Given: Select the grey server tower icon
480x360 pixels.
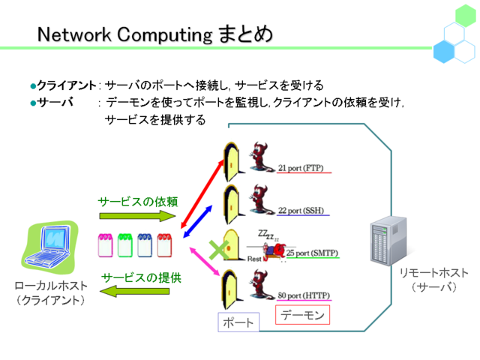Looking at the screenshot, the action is point(388,240).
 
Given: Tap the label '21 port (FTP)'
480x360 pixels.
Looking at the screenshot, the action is point(301,168).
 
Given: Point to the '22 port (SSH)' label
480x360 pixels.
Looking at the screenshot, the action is point(301,211).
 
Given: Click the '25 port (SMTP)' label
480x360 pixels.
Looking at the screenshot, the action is point(312,253).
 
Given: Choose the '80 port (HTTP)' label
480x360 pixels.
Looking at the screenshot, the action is point(304,295).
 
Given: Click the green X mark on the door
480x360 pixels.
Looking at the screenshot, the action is point(218,250).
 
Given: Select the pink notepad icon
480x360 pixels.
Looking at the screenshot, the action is point(105,245).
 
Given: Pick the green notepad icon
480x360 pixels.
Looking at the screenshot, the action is point(125,245).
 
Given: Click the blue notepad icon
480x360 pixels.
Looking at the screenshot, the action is point(145,245).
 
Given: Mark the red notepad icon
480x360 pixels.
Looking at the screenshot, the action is point(164,245).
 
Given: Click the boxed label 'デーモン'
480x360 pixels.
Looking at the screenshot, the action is point(302,315).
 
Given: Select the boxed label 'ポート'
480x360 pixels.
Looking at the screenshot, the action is point(238,322).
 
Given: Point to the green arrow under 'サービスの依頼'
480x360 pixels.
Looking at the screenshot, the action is point(137,216).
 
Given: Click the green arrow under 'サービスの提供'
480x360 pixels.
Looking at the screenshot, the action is point(135,291).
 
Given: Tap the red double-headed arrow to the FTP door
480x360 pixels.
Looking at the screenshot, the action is point(202,193).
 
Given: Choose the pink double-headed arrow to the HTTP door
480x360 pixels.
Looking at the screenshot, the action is point(205,261).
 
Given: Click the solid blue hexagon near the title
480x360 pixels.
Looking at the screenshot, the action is point(443,52).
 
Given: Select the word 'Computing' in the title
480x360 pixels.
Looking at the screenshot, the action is point(165,34).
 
